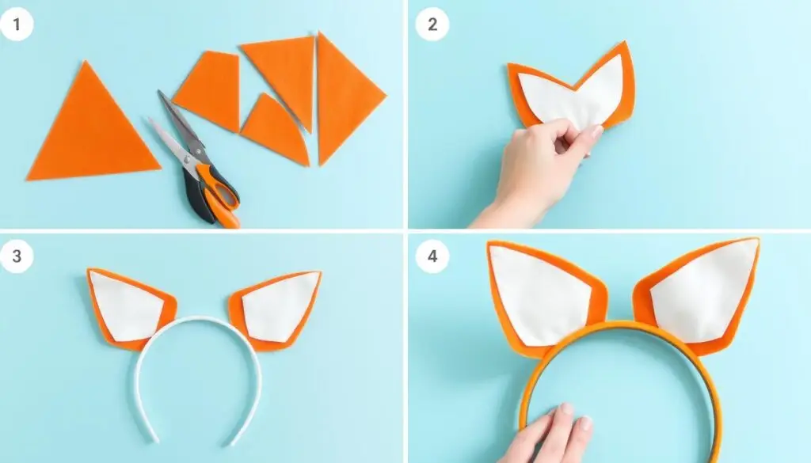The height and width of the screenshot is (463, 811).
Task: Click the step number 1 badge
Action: pos(17,24)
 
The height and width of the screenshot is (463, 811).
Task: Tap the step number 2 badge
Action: pos(432,24)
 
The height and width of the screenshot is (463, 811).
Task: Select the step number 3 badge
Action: pos(17,256)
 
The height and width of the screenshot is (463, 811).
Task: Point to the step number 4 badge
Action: pos(432,256)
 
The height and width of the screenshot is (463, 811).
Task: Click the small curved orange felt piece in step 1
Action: pos(274,129)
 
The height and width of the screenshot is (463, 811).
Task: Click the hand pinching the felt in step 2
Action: pos(538,170)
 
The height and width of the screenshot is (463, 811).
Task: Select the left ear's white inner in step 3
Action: pos(125,307)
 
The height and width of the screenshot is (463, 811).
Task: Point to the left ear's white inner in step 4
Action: pos(538,294)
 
